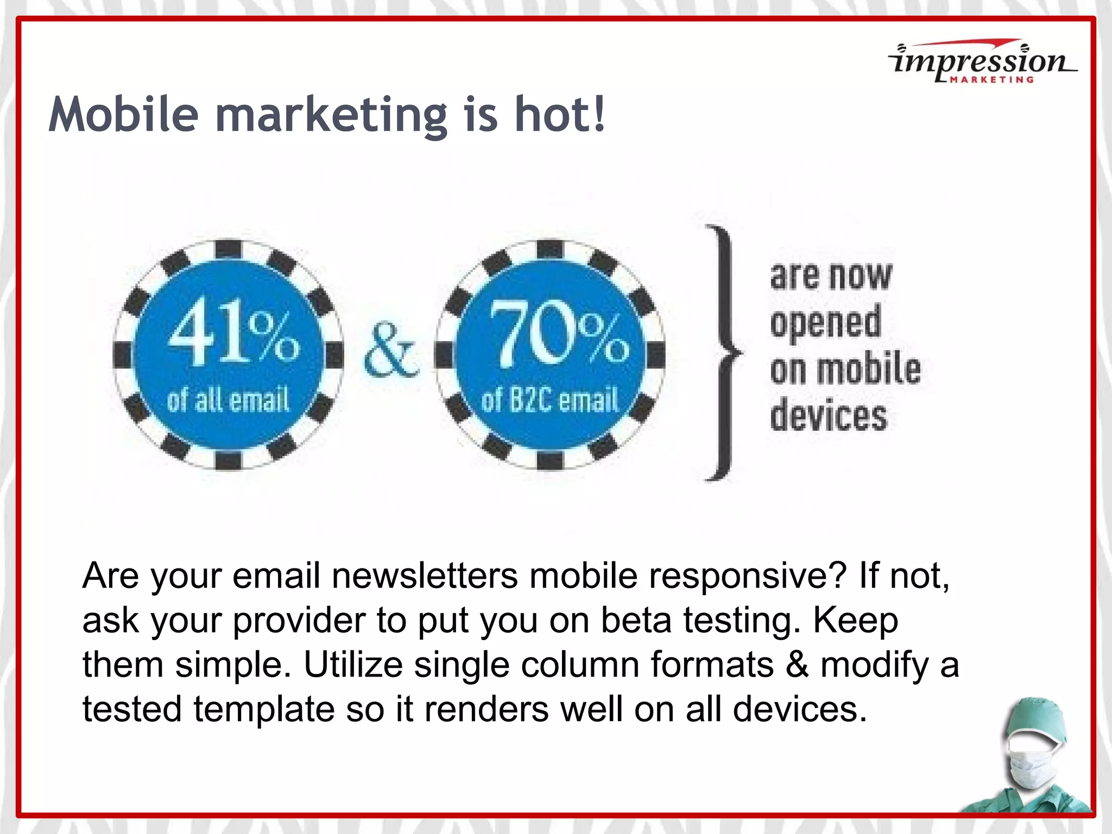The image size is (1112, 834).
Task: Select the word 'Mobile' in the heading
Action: pyautogui.click(x=124, y=115)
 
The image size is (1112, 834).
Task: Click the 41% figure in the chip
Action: pyautogui.click(x=233, y=332)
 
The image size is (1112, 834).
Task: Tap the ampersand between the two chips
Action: pyautogui.click(x=391, y=351)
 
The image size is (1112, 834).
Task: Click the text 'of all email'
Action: pyautogui.click(x=228, y=401)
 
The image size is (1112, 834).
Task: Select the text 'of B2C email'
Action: pyautogui.click(x=549, y=401)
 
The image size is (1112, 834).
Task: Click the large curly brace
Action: pyautogui.click(x=722, y=353)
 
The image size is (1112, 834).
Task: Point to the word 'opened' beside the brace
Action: pyautogui.click(x=825, y=323)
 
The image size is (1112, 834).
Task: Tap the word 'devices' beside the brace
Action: pyautogui.click(x=829, y=416)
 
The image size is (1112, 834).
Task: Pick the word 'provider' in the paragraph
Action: pyautogui.click(x=299, y=621)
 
